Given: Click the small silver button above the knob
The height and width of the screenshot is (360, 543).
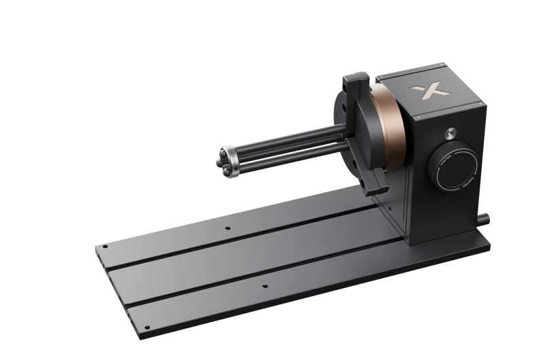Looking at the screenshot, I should [450, 130].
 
